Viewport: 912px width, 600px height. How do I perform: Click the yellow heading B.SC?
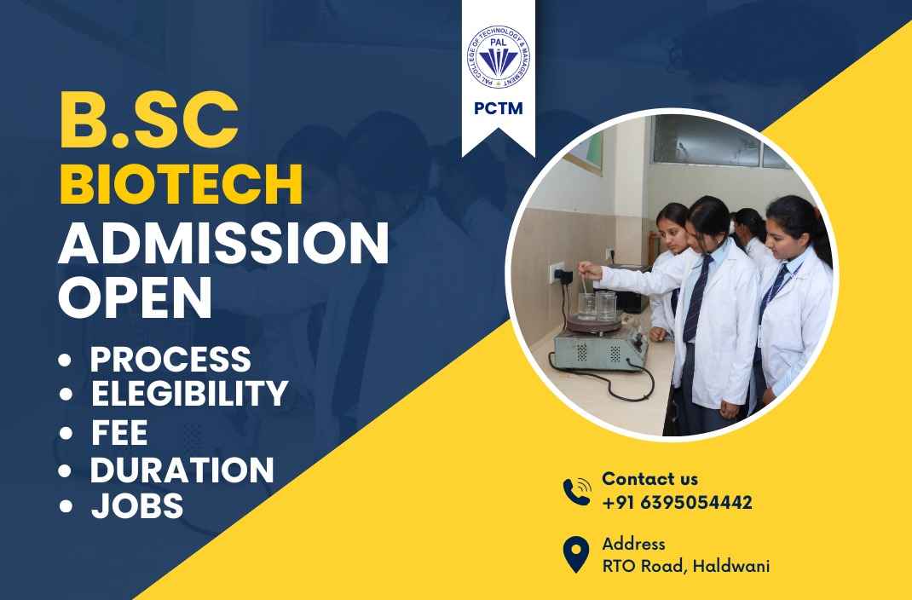pos(149,120)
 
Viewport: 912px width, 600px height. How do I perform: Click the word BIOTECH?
pos(181,184)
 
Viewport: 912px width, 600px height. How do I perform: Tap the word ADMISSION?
pos(223,243)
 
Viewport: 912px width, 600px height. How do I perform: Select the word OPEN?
pos(135,297)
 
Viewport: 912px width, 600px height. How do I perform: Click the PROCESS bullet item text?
pos(170,360)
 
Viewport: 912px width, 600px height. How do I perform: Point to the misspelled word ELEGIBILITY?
pos(189,393)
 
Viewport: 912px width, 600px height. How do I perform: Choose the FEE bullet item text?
pos(119,432)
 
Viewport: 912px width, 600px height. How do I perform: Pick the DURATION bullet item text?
pos(182,470)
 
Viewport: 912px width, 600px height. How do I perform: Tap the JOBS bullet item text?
pos(137,505)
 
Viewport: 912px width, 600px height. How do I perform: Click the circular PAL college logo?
pos(499,57)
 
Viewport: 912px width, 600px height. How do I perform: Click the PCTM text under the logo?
pos(499,109)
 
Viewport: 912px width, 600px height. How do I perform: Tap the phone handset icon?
pos(577,491)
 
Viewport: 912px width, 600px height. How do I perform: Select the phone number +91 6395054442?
pos(677,502)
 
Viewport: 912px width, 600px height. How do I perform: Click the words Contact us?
pos(649,479)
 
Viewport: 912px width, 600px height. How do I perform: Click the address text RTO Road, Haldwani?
pos(686,565)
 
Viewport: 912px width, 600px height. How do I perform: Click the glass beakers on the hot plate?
pos(597,306)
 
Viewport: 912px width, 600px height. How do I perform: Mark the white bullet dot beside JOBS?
pos(66,505)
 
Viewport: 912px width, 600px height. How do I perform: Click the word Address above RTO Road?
pos(633,544)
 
